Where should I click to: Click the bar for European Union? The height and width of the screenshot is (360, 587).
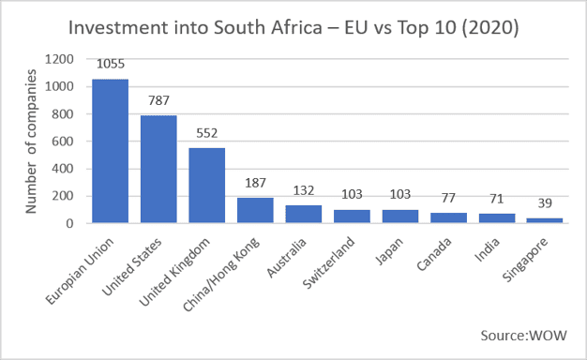[111, 151]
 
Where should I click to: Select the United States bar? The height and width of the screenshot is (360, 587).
[158, 169]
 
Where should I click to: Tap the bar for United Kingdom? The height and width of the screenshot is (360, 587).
[207, 186]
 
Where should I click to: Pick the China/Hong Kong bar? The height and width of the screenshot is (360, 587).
[255, 210]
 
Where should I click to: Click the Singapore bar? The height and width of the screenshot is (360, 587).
[545, 220]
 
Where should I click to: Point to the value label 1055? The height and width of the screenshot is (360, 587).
[111, 64]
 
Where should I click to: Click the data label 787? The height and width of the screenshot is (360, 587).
[158, 100]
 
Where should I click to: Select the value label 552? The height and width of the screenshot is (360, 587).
[207, 133]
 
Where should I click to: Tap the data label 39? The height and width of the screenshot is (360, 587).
[545, 202]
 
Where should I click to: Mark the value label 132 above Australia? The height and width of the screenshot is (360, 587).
[304, 190]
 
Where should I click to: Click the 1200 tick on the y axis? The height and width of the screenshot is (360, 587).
[59, 59]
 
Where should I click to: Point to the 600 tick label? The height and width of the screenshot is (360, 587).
[63, 142]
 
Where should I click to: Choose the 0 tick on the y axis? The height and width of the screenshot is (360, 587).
[70, 224]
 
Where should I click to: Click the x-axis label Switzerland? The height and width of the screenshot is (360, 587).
[328, 262]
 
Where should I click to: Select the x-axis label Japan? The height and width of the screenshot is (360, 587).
[389, 251]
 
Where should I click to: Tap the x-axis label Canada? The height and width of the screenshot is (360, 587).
[434, 254]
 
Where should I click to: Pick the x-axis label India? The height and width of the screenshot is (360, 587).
[487, 249]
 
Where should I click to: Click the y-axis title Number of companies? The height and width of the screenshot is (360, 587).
[31, 142]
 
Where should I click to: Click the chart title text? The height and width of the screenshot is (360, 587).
[293, 28]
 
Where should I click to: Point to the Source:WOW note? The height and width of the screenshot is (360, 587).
[524, 336]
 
